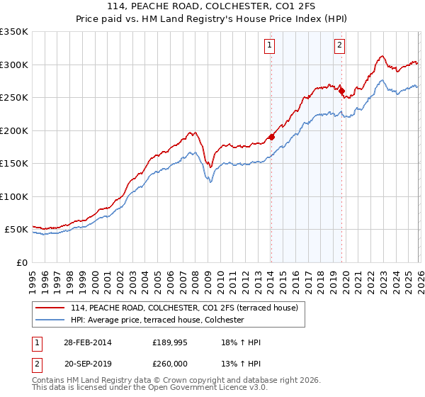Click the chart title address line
[212, 6]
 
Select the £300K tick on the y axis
[14, 65]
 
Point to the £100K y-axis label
[14, 196]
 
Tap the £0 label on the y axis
[21, 262]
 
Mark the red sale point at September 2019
[341, 91]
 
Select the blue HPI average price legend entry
[157, 320]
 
